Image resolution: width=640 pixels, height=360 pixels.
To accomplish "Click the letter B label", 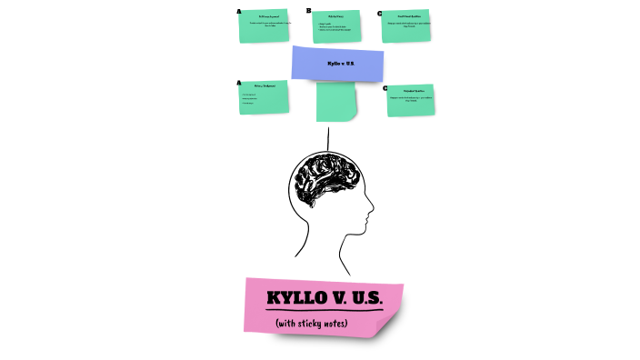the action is (x=309, y=11).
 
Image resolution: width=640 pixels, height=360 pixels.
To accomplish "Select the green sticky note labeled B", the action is (x=335, y=27).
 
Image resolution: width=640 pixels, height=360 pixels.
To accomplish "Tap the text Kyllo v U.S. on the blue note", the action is (x=337, y=64).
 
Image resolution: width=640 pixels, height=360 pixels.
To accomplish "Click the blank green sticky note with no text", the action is (x=336, y=101).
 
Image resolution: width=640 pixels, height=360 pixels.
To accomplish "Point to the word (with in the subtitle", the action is (x=286, y=323).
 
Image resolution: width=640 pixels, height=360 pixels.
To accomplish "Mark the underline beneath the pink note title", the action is (x=325, y=311).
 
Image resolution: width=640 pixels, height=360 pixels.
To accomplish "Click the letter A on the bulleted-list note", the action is (x=238, y=83).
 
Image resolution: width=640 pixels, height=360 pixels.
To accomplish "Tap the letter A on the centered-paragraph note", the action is (x=239, y=12).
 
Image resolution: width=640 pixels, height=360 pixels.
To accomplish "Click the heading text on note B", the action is (x=335, y=15).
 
